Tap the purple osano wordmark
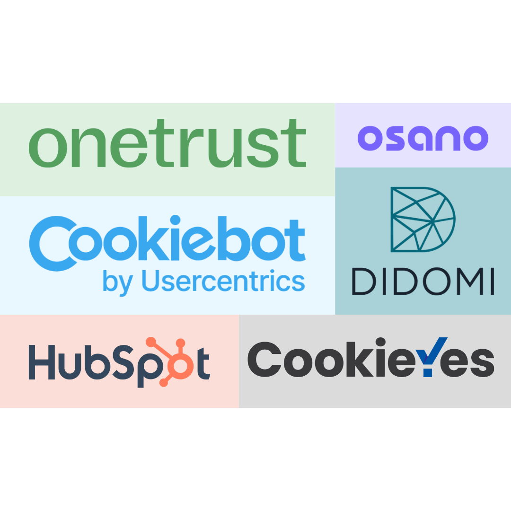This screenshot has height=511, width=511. point(423,138)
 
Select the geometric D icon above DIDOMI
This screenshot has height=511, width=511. point(422,220)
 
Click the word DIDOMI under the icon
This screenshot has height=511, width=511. point(423,281)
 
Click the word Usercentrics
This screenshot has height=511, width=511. point(223,281)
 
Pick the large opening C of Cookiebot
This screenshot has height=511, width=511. point(50,241)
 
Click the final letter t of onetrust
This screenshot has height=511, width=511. point(295,142)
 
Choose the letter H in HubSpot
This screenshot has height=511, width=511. point(42,362)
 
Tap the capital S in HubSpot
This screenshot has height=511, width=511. point(114,362)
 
